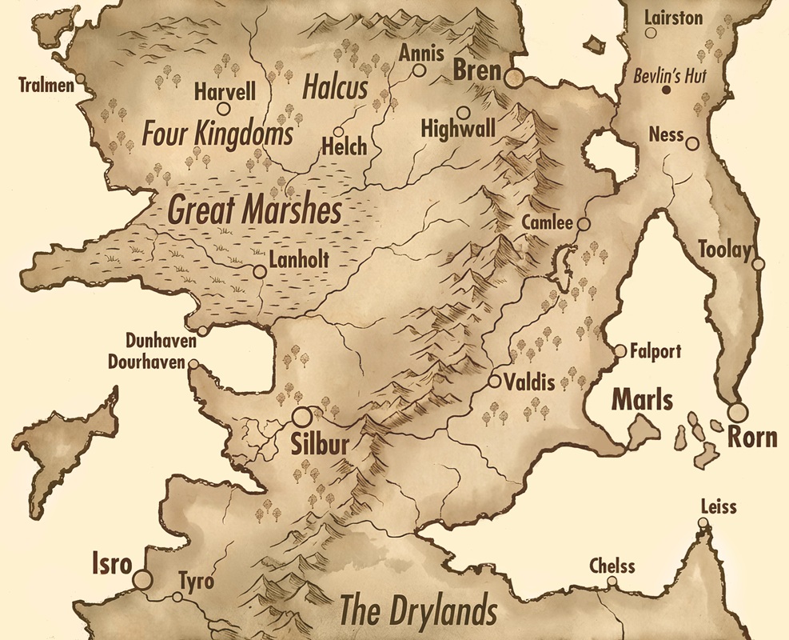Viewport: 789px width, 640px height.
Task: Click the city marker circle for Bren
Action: [x=513, y=77]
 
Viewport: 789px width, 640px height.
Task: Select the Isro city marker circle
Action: [x=143, y=579]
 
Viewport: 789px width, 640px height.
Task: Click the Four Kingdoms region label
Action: [x=217, y=134]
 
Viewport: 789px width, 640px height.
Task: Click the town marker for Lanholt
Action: [x=259, y=272]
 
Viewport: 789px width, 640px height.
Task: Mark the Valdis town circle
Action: [x=495, y=381]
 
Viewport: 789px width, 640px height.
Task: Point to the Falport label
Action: [x=656, y=350]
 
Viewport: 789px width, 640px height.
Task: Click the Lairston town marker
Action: [x=652, y=34]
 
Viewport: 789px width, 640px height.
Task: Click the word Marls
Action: [x=643, y=400]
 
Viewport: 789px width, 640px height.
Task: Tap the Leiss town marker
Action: [x=703, y=524]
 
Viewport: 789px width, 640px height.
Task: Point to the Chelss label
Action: [x=612, y=566]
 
